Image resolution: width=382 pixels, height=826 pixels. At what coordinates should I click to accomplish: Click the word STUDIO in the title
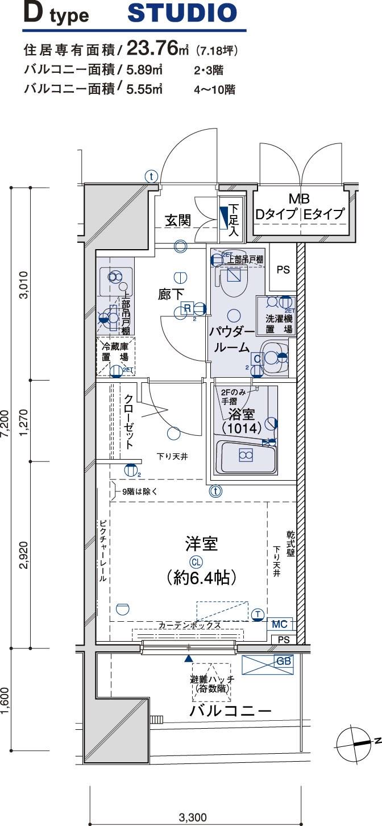pyautogui.click(x=182, y=14)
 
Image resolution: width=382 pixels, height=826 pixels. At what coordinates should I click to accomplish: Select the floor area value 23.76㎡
pyautogui.click(x=160, y=49)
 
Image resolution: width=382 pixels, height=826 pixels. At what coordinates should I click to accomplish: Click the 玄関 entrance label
pyautogui.click(x=178, y=220)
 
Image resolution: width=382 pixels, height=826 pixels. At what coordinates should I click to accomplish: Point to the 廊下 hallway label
pyautogui.click(x=171, y=294)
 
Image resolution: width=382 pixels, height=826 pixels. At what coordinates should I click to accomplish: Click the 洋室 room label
pyautogui.click(x=201, y=544)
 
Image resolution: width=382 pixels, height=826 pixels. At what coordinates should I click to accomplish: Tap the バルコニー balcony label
pyautogui.click(x=230, y=711)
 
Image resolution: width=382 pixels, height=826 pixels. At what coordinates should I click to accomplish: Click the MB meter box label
pyautogui.click(x=299, y=199)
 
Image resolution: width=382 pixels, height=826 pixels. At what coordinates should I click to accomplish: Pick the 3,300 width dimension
pyautogui.click(x=193, y=818)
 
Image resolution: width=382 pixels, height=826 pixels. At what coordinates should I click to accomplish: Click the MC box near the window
pyautogui.click(x=280, y=624)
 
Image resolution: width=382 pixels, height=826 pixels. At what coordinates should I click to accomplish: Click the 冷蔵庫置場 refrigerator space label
pyautogui.click(x=114, y=352)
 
